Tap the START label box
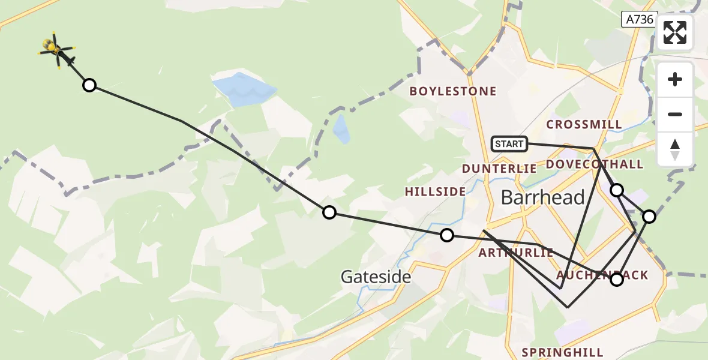[509, 143]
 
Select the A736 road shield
[639, 19]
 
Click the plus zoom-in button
[675, 79]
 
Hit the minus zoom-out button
[675, 114]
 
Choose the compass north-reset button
[675, 149]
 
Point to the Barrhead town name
[542, 197]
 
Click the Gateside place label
[376, 277]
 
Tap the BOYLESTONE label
[453, 91]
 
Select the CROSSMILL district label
[584, 124]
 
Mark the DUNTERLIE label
[499, 169]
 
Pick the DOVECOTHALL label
[594, 164]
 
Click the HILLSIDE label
[435, 191]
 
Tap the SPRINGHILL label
[562, 352]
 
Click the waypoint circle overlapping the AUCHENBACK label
[616, 279]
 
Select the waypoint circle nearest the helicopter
[89, 85]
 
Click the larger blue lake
[243, 89]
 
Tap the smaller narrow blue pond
[341, 129]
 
